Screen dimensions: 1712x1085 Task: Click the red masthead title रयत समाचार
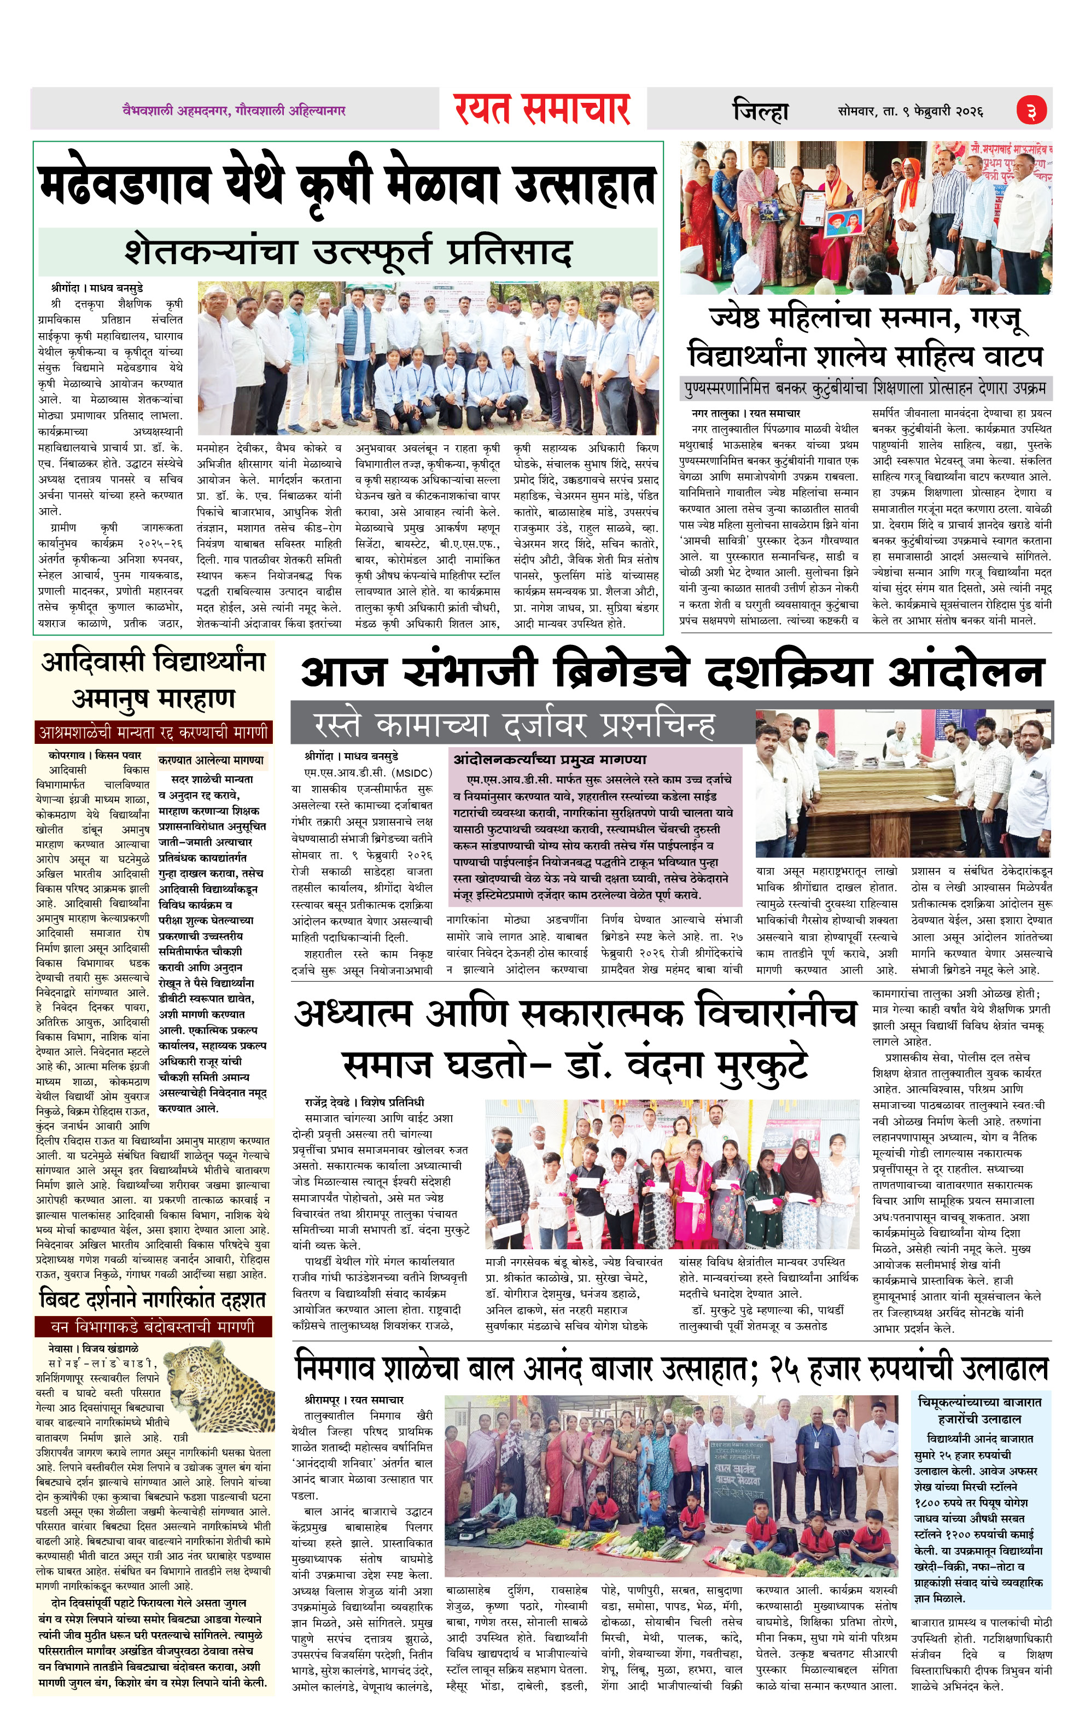(542, 109)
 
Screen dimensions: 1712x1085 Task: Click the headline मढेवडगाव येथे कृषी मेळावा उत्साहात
(346, 185)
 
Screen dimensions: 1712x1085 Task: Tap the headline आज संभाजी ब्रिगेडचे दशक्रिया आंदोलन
(672, 672)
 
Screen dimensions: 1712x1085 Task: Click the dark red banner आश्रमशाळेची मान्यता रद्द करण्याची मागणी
(154, 732)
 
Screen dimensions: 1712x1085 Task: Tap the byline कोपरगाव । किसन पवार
(95, 755)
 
